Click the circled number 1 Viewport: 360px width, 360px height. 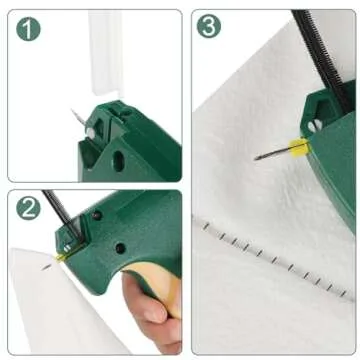coord(29,29)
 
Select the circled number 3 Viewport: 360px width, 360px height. coord(209,27)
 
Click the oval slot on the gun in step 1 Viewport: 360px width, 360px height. coord(119,160)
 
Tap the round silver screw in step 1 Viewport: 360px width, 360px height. coord(90,131)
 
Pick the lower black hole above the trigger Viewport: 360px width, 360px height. coord(119,247)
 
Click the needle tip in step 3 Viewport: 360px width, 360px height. coord(257,157)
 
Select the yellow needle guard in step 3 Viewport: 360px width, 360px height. coord(297,148)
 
